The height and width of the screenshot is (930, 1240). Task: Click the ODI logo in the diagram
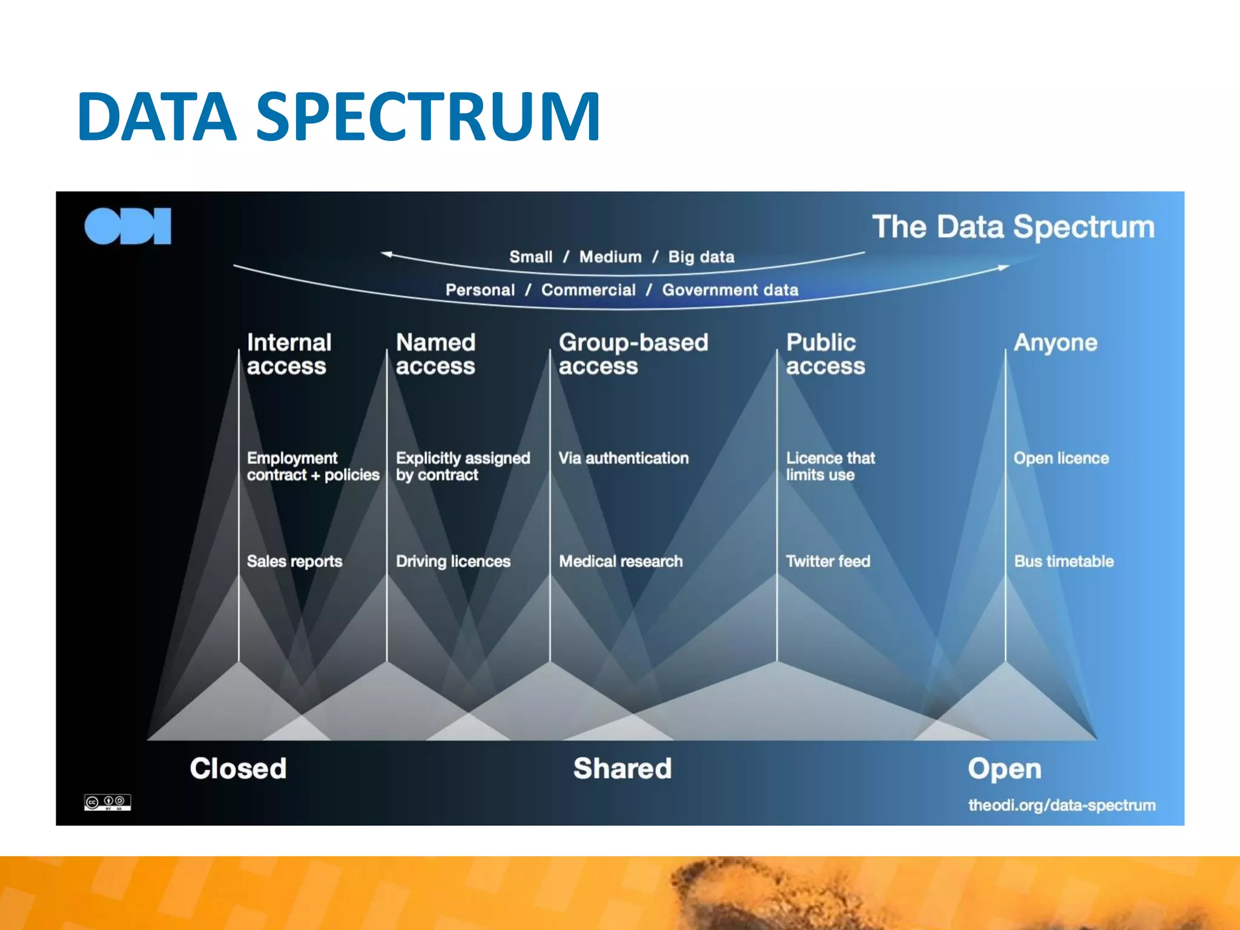(x=128, y=226)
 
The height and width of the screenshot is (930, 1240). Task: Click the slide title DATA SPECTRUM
(x=338, y=116)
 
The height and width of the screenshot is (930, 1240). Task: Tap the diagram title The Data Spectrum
(x=1013, y=227)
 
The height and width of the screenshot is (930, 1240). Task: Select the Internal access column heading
(x=289, y=354)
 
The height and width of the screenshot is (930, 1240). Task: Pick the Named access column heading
(x=435, y=354)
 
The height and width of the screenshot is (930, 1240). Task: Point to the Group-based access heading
(x=633, y=354)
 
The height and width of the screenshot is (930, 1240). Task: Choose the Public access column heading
(x=825, y=354)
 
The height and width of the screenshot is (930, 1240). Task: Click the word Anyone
(x=1055, y=343)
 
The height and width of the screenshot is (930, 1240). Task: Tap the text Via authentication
(x=623, y=458)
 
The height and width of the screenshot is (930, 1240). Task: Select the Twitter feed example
(x=828, y=561)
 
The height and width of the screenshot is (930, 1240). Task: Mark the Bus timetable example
(x=1064, y=561)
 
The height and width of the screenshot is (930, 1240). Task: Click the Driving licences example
(x=453, y=561)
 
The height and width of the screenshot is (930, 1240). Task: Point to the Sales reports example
(x=294, y=561)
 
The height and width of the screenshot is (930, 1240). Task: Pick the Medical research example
(x=621, y=561)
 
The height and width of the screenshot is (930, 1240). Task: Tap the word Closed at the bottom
(x=238, y=768)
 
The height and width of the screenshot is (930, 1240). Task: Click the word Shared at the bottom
(x=622, y=768)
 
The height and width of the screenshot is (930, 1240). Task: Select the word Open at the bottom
(x=1004, y=769)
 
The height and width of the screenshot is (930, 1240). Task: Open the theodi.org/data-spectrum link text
(x=1061, y=805)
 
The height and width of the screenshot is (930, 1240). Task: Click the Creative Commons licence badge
(x=107, y=802)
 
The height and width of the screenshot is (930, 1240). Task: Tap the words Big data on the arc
(x=701, y=257)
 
